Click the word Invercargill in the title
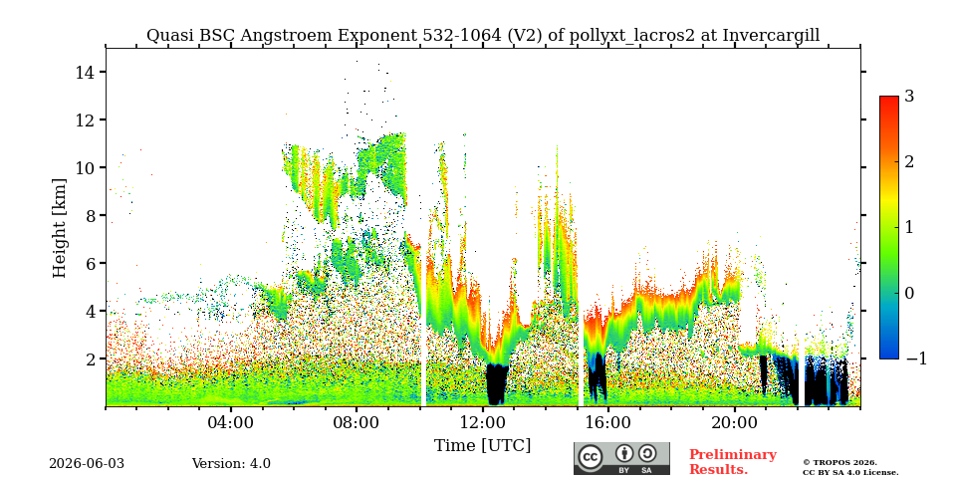771,36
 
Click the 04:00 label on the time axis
231,422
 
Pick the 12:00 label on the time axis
483,422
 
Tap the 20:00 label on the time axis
735,422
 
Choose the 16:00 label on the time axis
608,422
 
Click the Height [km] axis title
59,228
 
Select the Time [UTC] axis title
482,446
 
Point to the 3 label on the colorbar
909,97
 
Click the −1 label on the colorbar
916,358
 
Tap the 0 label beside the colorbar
909,293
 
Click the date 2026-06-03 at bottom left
87,463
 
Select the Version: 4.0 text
231,463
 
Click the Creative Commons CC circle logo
591,457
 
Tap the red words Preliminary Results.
733,462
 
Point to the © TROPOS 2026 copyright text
839,463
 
